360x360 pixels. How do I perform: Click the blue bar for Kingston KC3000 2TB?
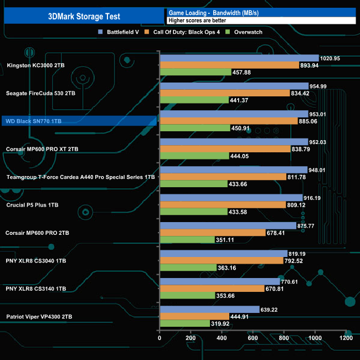click(239, 58)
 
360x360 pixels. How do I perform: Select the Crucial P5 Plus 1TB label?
click(33, 205)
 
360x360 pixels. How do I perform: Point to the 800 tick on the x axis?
click(284, 338)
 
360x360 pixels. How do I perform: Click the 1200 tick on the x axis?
click(346, 338)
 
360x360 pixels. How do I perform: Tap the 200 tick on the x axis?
click(191, 338)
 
